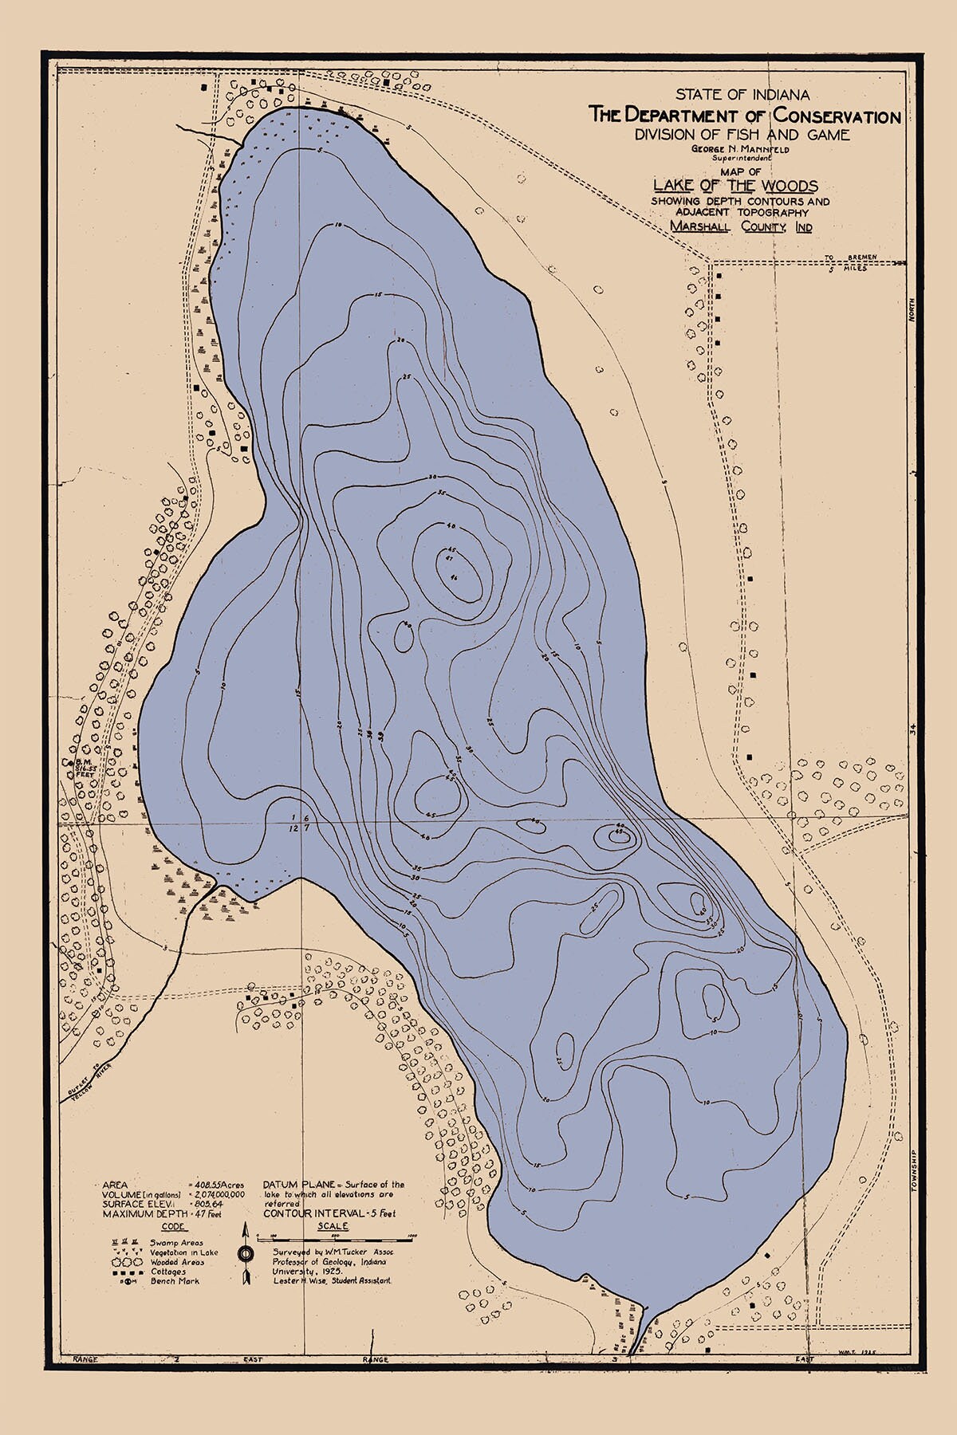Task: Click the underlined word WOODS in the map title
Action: [784, 186]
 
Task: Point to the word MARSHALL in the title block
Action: [702, 227]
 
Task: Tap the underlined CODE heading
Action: [171, 1226]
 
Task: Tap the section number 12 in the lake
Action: [294, 829]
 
